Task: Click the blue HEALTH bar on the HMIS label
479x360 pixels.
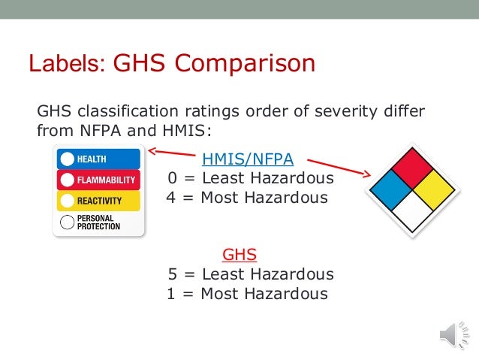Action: coord(98,159)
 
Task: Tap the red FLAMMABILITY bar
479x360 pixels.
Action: coord(98,180)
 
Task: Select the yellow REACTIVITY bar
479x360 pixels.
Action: coord(98,201)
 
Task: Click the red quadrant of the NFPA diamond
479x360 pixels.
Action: coord(408,168)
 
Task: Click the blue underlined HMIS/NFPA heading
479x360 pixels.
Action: coord(248,159)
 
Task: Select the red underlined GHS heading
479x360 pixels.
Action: coord(246,255)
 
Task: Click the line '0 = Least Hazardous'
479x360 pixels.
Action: coord(251,179)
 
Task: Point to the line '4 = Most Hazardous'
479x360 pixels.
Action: coord(248,198)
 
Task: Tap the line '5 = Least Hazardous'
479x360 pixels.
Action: coord(251,274)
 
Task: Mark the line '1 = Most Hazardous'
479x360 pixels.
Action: coord(248,294)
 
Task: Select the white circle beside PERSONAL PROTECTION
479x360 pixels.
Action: coord(67,222)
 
